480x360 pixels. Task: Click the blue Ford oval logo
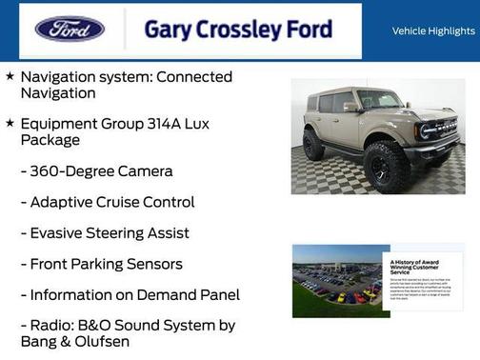pos(70,29)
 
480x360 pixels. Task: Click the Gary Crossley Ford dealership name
pos(237,30)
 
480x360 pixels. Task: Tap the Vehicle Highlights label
pos(433,31)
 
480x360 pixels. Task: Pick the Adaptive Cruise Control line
pos(112,202)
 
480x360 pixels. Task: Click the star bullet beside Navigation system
pos(10,76)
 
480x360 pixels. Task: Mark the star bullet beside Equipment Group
pos(10,124)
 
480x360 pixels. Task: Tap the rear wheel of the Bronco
pos(313,144)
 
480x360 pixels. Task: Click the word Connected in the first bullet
pos(188,77)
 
